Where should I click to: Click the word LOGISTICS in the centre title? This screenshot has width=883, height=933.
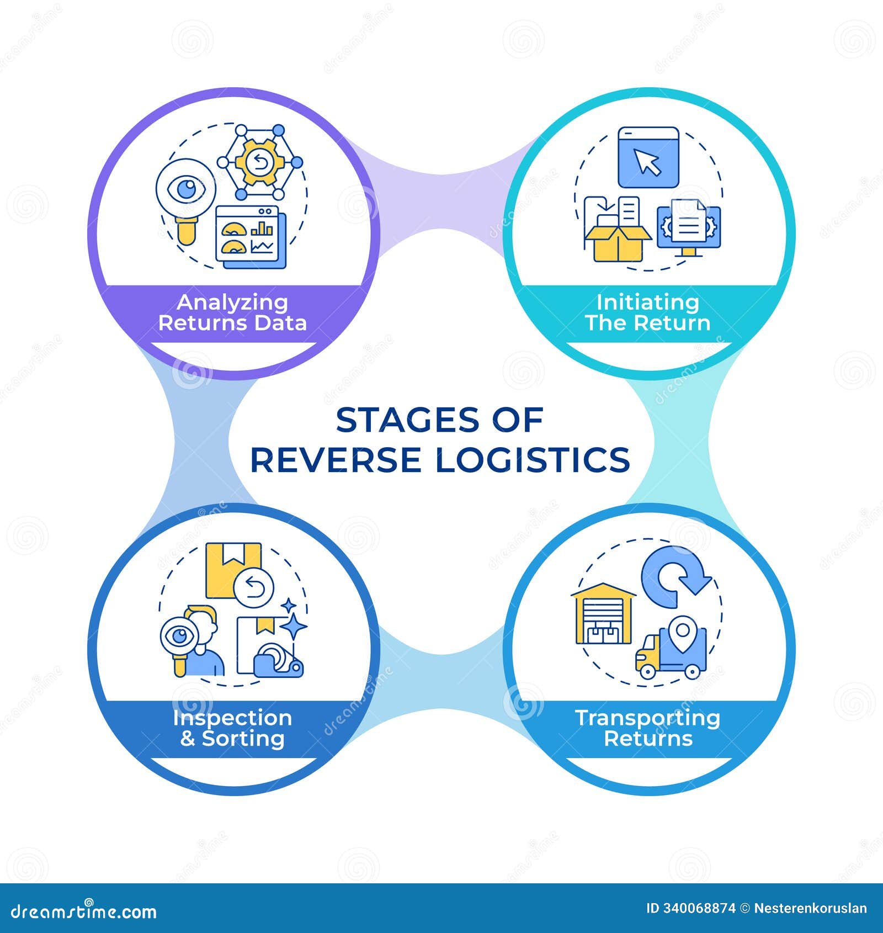point(533,460)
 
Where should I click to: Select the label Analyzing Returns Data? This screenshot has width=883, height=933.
point(232,312)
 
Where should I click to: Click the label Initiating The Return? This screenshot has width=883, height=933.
point(648,312)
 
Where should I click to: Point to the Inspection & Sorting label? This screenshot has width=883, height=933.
point(232,728)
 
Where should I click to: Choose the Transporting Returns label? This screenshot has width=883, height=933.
point(648,728)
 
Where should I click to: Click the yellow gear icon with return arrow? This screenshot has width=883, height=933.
point(258,162)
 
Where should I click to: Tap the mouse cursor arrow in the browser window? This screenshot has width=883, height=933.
point(647,161)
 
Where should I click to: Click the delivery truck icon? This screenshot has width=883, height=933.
point(671,655)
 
